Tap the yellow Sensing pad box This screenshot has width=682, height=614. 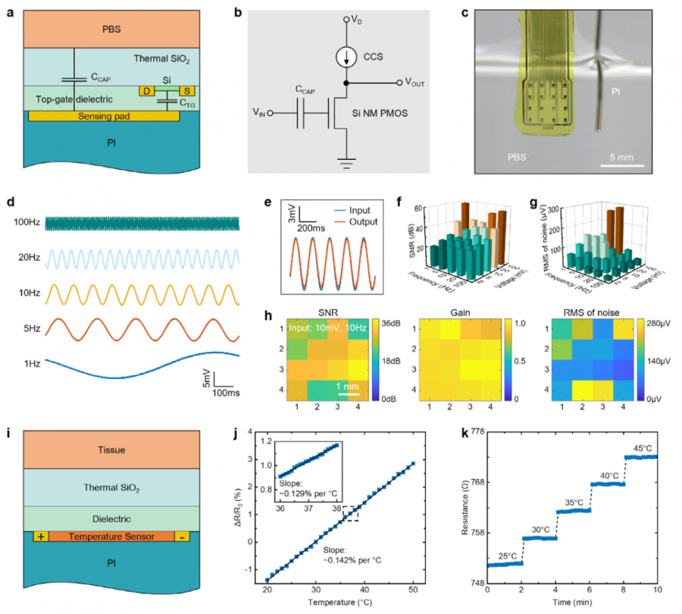(x=104, y=116)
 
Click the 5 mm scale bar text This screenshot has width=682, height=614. (x=627, y=158)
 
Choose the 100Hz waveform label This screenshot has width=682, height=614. (x=27, y=223)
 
